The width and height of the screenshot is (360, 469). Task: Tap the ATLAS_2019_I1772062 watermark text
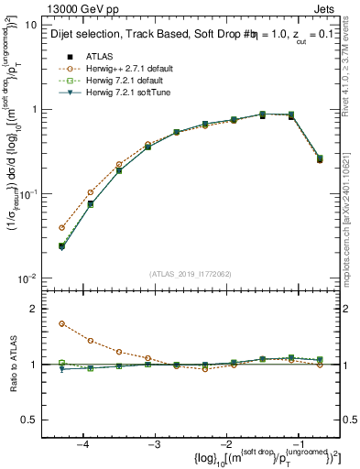pyautogui.click(x=191, y=273)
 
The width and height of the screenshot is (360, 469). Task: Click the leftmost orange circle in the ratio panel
pyautogui.click(x=61, y=323)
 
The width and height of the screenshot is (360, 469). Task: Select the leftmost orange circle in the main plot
pyautogui.click(x=61, y=227)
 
